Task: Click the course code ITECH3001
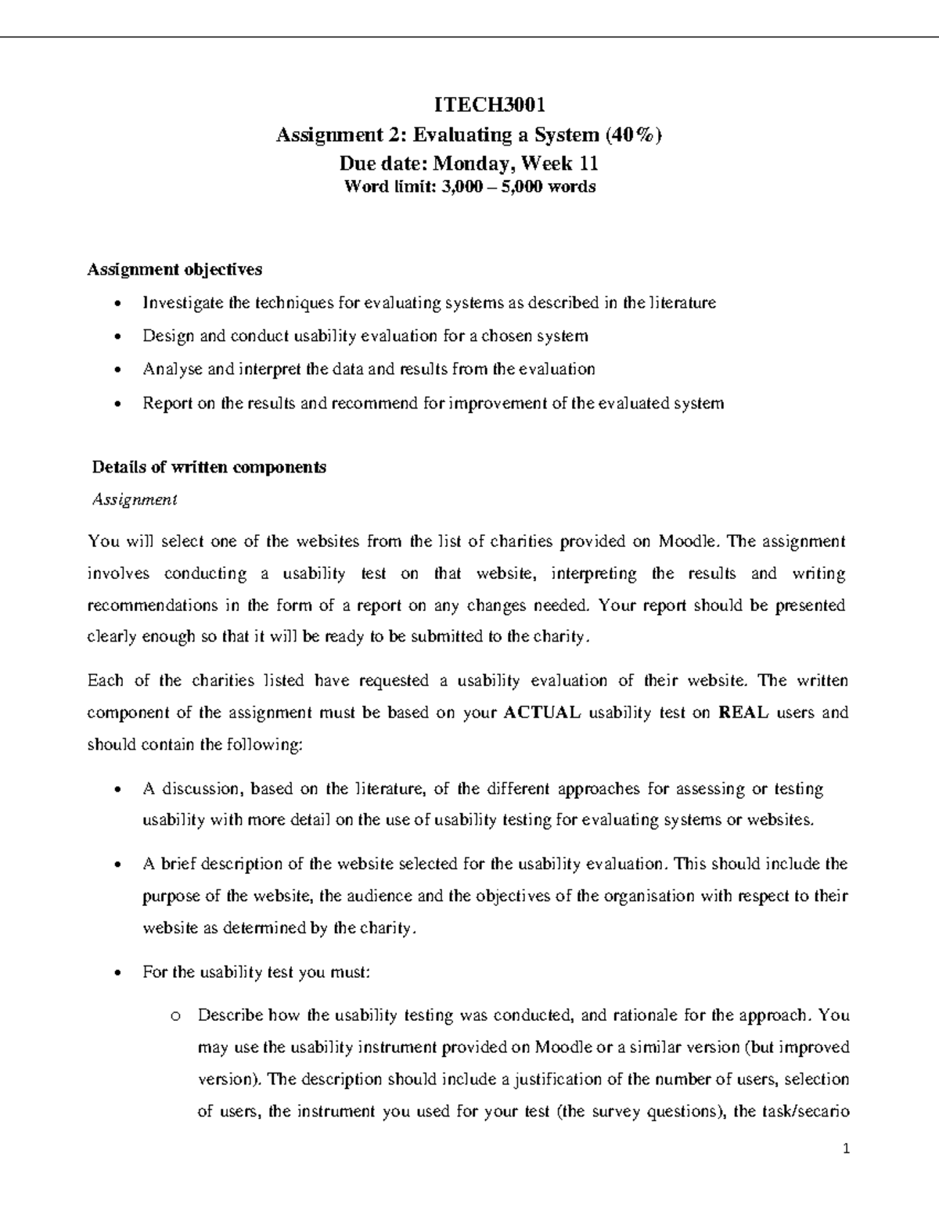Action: (468, 105)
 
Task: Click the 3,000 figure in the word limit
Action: (462, 187)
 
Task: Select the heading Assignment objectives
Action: (174, 270)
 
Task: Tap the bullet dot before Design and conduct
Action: (117, 337)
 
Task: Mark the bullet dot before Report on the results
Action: (117, 404)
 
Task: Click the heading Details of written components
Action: (209, 468)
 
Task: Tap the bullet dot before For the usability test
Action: (117, 973)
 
